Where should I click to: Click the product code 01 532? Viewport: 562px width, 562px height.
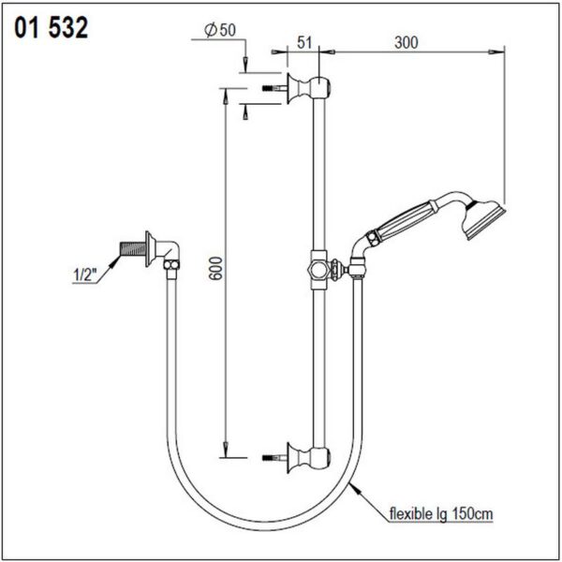tap(51, 28)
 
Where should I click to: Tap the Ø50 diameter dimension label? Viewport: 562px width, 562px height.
tap(220, 30)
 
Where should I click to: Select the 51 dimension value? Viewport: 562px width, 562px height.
tap(304, 42)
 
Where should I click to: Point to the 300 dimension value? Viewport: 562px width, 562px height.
tap(407, 42)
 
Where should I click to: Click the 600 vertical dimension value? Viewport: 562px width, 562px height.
tap(215, 268)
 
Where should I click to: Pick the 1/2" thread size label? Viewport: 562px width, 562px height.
tap(85, 275)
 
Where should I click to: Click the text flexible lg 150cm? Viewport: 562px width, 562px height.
tap(441, 514)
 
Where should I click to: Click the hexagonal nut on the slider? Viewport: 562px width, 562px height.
tap(318, 270)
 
